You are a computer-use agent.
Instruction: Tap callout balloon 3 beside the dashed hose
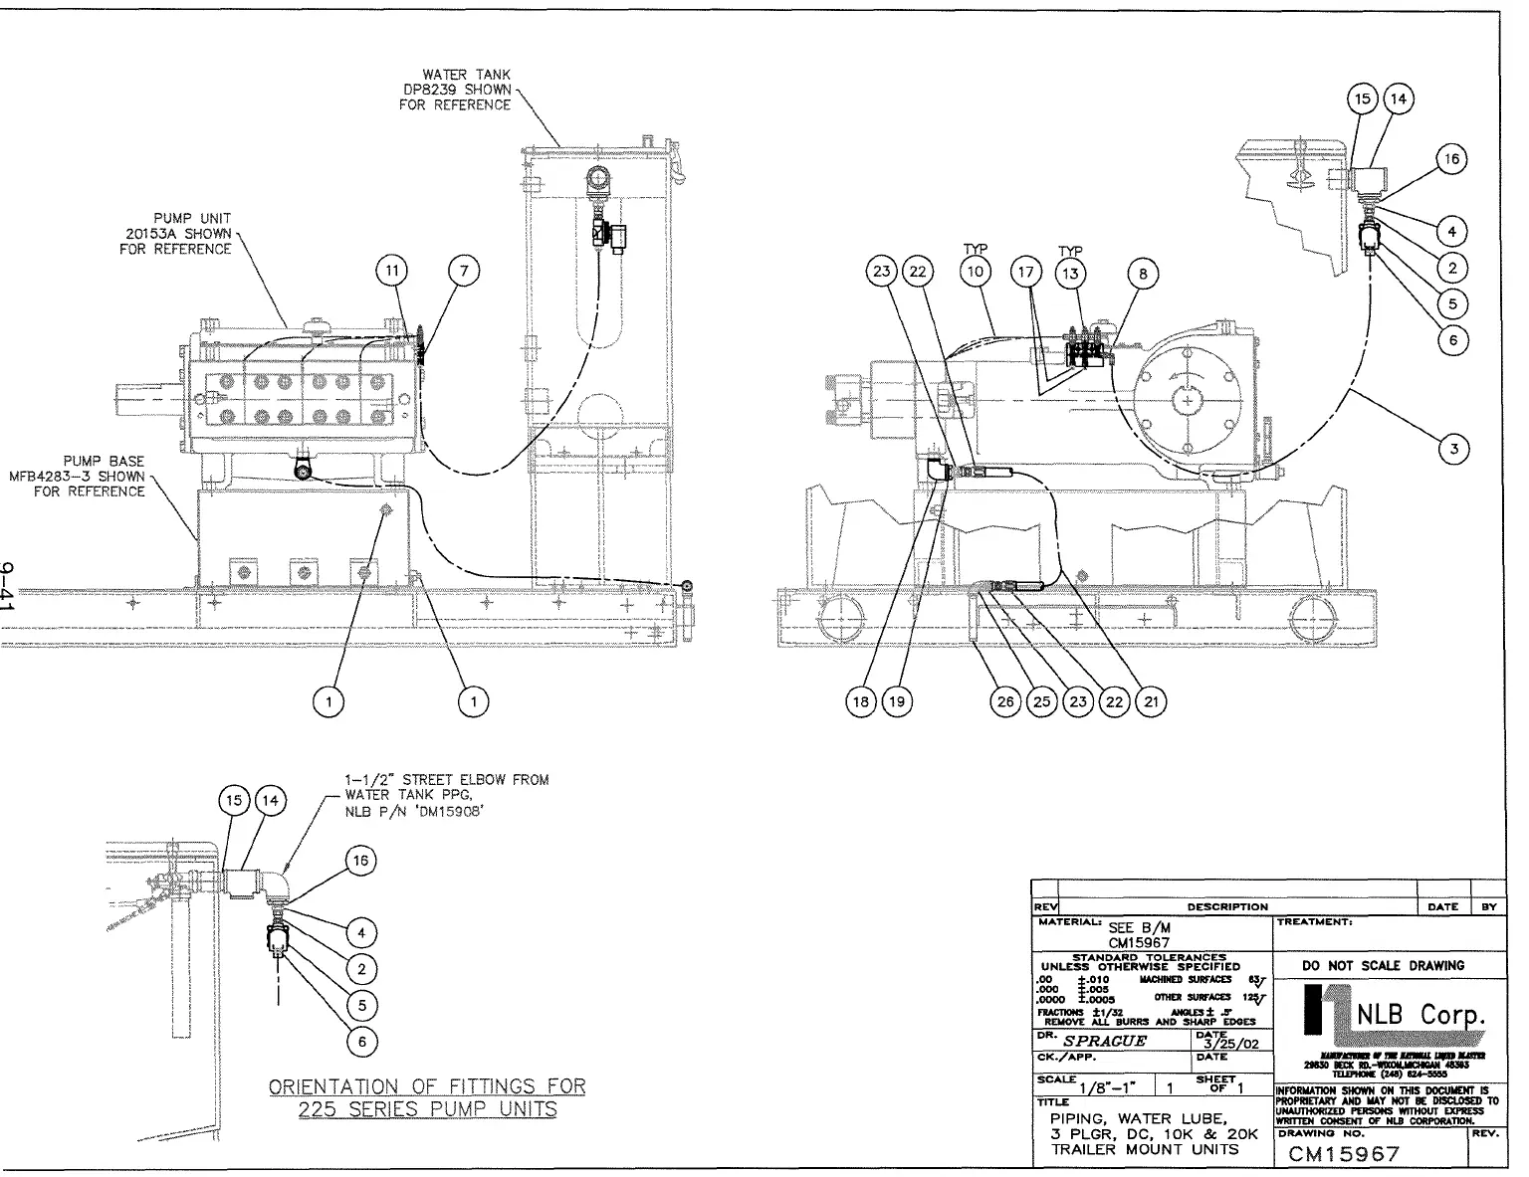(x=1454, y=450)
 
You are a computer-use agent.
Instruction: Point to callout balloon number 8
(x=1143, y=272)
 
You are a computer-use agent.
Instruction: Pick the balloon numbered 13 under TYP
(x=1071, y=272)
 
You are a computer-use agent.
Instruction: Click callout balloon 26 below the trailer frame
(x=1005, y=701)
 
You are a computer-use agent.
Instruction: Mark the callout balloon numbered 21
(x=1151, y=701)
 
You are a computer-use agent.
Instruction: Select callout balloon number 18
(x=862, y=701)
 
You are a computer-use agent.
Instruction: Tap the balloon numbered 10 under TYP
(x=976, y=272)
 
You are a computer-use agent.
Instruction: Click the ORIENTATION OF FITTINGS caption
(x=428, y=1097)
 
